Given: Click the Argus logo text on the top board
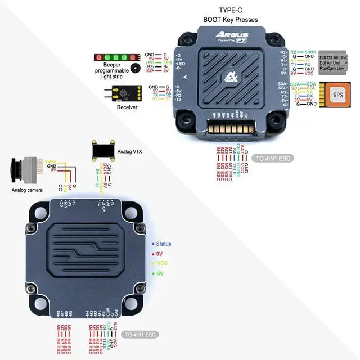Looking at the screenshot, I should coord(227,35).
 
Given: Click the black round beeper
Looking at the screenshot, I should coord(136,68).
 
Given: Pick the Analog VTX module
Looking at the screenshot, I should coord(103,150).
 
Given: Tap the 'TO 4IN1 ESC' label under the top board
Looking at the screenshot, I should coord(271,158).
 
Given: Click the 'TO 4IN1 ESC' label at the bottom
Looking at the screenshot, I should coord(141,335).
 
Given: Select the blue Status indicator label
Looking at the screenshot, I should coord(164,244).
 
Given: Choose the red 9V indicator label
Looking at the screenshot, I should coord(160,254).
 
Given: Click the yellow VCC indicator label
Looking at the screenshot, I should coord(162,263).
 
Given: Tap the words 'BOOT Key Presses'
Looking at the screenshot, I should coord(231,20).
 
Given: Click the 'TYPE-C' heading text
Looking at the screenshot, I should coord(230,10).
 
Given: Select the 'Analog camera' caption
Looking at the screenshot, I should coord(26,190).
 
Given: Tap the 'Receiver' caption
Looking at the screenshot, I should coord(127,107).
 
